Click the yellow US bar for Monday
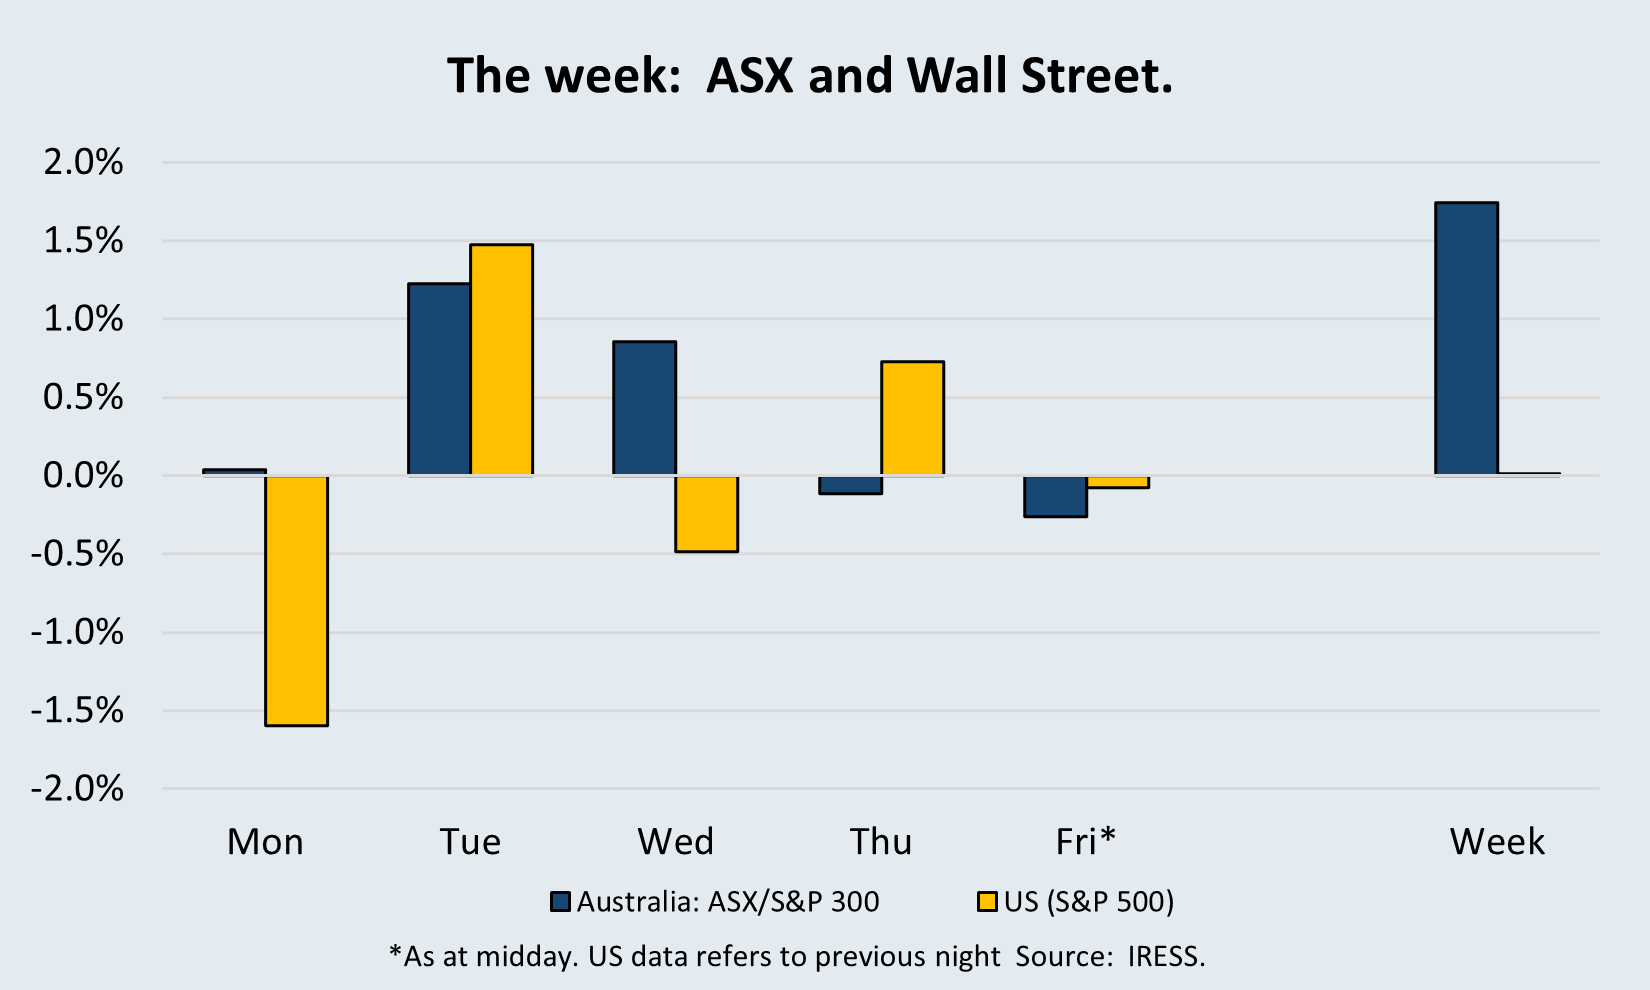pyautogui.click(x=297, y=600)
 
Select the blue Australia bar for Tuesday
pyautogui.click(x=439, y=379)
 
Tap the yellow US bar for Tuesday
pyautogui.click(x=502, y=359)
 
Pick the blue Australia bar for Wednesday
pyautogui.click(x=645, y=408)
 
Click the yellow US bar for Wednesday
pyautogui.click(x=707, y=513)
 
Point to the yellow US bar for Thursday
pyautogui.click(x=913, y=418)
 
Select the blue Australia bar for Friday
pyautogui.click(x=1056, y=496)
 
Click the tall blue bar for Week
pyautogui.click(x=1467, y=338)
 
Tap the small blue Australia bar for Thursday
pyautogui.click(x=850, y=485)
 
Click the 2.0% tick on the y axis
pyautogui.click(x=83, y=162)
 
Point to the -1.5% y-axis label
pyautogui.click(x=77, y=711)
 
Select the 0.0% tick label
pyautogui.click(x=83, y=476)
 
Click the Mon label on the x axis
pyautogui.click(x=265, y=841)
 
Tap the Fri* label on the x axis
pyautogui.click(x=1086, y=841)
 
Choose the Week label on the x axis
pyautogui.click(x=1498, y=841)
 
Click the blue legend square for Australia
pyautogui.click(x=561, y=902)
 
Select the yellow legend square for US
pyautogui.click(x=987, y=902)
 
